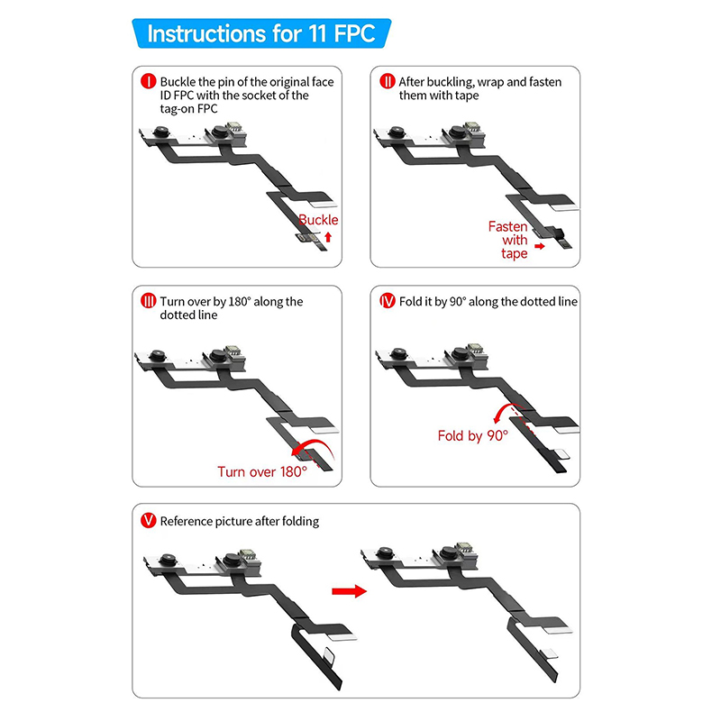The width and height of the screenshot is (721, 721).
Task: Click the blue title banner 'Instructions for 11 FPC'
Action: (x=261, y=33)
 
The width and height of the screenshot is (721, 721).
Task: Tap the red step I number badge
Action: (x=149, y=81)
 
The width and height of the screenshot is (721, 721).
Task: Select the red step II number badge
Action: (x=388, y=81)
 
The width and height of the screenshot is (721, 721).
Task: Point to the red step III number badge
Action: (x=149, y=301)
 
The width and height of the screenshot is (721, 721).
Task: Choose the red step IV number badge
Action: (x=388, y=301)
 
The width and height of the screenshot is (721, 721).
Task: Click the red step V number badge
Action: (x=149, y=521)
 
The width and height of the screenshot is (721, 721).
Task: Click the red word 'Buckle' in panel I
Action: (x=318, y=220)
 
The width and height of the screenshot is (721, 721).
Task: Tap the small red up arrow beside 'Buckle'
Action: (x=328, y=237)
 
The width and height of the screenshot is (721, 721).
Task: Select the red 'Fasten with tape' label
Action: (x=508, y=240)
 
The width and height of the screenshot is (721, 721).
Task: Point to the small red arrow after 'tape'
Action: (x=540, y=246)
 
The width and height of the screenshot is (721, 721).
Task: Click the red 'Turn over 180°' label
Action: (x=262, y=471)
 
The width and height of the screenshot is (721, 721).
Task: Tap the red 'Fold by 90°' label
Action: (x=472, y=435)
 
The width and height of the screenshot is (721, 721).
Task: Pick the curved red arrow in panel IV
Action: (x=505, y=407)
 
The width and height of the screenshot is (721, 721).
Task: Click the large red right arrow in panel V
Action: (x=350, y=591)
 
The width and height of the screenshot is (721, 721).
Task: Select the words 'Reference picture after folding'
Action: (x=240, y=521)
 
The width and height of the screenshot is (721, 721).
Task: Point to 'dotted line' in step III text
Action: (x=188, y=315)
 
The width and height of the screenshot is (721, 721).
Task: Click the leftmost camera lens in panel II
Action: (x=397, y=132)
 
